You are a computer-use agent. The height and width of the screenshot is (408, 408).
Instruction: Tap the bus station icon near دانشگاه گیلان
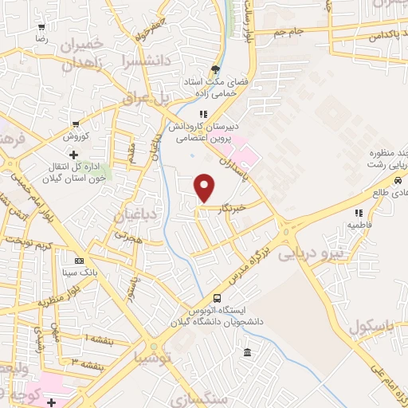(207, 298)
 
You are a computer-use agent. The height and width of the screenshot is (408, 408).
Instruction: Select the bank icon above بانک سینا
(79, 261)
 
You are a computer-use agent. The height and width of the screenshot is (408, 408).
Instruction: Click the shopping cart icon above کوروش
(75, 124)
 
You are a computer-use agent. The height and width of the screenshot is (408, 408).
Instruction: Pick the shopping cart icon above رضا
(41, 25)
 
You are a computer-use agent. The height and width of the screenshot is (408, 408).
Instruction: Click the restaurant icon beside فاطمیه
(360, 213)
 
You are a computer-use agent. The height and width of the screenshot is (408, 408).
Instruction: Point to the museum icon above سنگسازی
(247, 353)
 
